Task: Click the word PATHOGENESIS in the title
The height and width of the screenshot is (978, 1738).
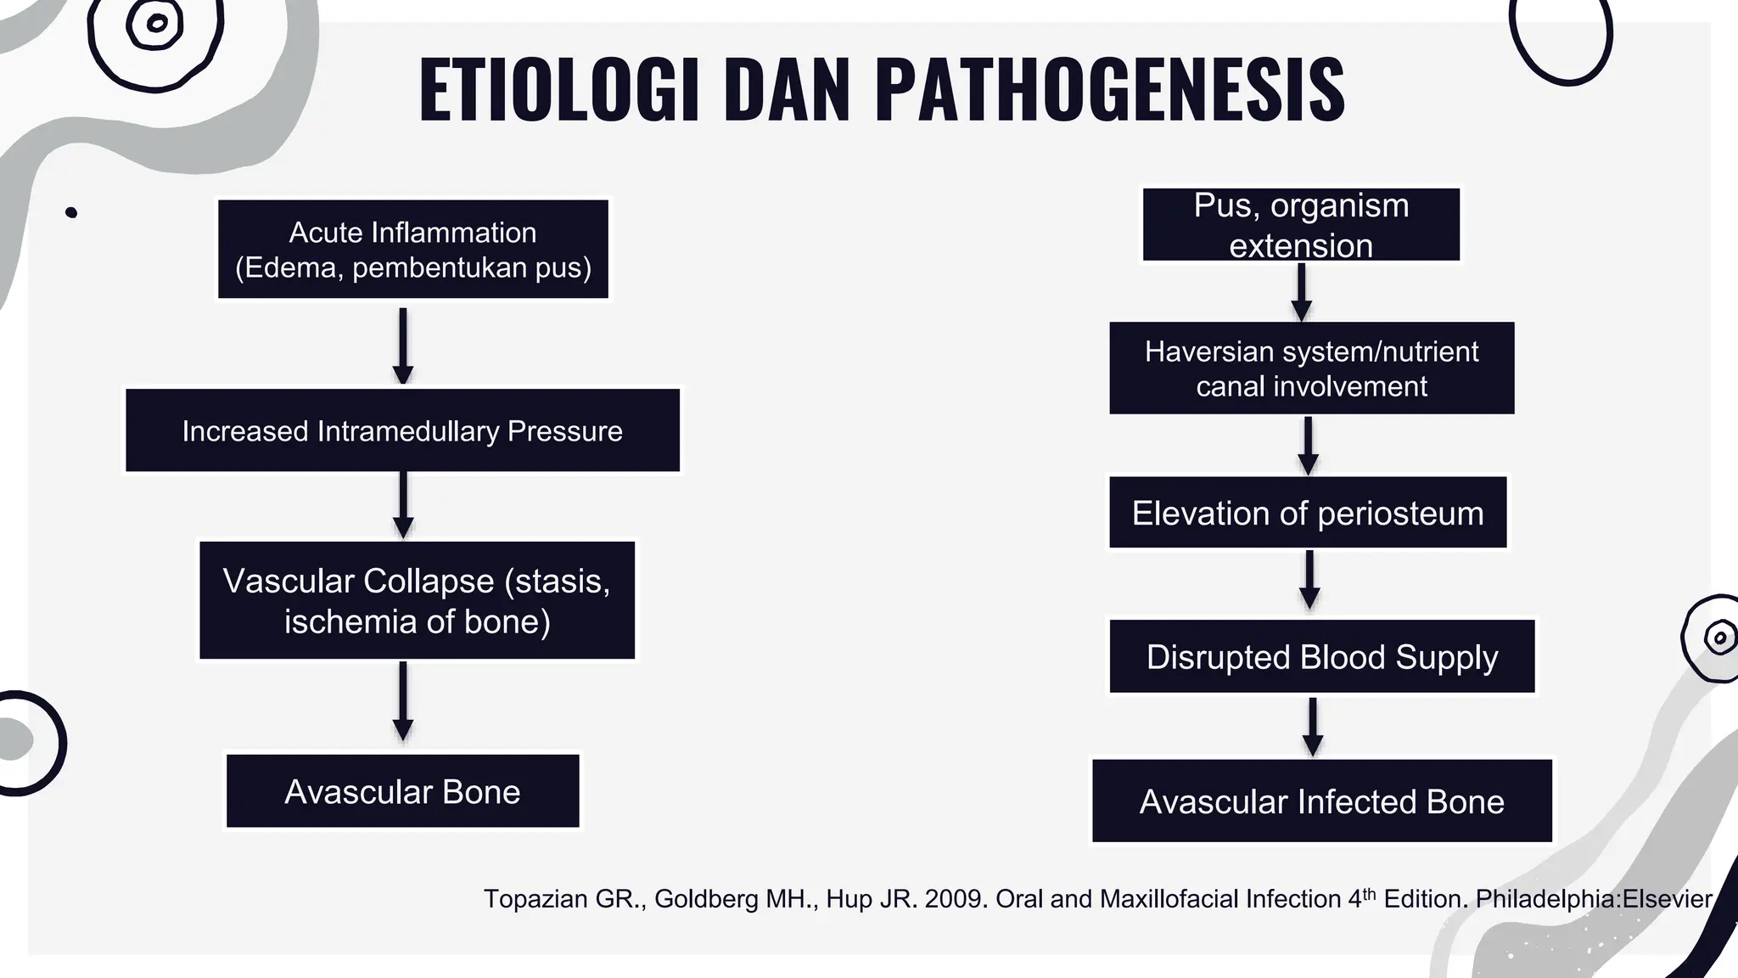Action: coord(1109,90)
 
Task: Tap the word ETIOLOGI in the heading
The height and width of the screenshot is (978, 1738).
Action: coord(559,90)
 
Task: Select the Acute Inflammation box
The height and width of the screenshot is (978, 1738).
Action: coord(413,250)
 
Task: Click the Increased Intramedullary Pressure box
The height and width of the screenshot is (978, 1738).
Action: coord(402,430)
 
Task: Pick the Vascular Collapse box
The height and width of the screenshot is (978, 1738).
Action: coord(417,600)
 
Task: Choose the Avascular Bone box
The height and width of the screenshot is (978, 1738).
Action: coord(402,791)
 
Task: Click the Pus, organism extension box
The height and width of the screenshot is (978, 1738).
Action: coord(1301,225)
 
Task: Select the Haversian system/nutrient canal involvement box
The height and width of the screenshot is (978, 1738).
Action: coord(1311,368)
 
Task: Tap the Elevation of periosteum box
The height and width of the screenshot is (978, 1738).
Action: coord(1308,513)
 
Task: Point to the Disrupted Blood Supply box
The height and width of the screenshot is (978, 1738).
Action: coord(1321,656)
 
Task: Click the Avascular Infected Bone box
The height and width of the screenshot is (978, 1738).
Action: coord(1321,801)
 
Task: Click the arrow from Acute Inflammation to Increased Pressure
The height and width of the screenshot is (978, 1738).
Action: coord(403,345)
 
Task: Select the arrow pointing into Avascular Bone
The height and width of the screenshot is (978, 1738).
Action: coord(403,702)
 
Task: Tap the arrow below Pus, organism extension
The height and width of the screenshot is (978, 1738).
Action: coord(1301,291)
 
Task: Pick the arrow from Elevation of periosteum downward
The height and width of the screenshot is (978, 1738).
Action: coord(1309,580)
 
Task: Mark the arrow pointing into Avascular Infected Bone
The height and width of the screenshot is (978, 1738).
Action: coord(1312,726)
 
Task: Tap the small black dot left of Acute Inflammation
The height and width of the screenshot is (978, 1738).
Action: coord(71,212)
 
